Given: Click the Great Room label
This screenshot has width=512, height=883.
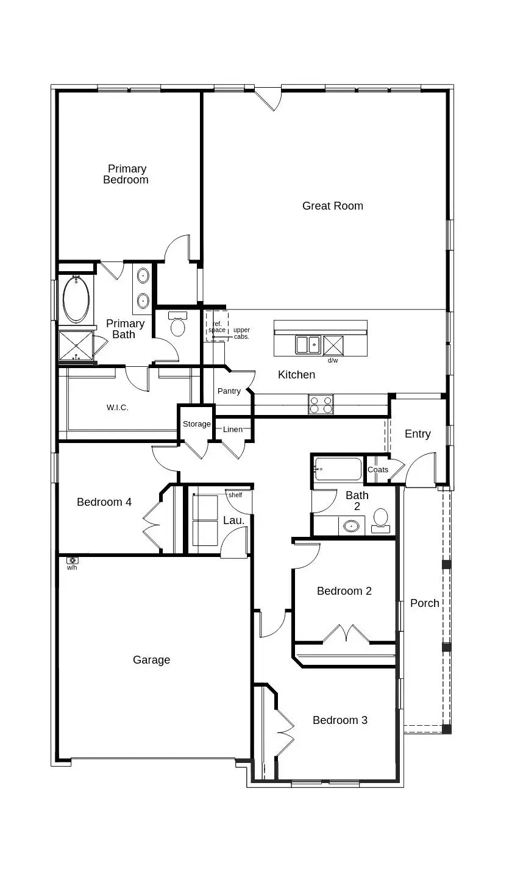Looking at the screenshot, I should pos(332,206).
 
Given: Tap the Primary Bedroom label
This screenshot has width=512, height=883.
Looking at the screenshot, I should pos(126,174).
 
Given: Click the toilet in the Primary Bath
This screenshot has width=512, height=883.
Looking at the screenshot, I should pos(178,325).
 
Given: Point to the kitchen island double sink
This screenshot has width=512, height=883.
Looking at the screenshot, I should pos(308,345).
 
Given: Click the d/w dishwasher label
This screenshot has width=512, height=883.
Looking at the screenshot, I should pos(333,360).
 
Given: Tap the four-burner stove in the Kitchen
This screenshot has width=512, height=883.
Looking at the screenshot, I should pos(321,405).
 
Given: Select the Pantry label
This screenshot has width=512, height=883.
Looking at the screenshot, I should pos(229,391).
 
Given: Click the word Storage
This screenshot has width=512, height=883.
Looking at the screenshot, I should pos(196,424).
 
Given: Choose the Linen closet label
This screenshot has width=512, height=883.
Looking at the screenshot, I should pos(232,430).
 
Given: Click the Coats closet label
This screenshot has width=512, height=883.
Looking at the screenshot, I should pos(378,470).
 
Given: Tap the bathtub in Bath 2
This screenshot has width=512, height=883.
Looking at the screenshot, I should pos(338,470).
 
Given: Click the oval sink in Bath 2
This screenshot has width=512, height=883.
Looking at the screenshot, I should pos(351,526).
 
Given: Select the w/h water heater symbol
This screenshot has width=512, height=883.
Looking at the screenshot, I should pos(72,560).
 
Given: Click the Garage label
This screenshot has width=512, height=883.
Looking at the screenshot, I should pos(151,660).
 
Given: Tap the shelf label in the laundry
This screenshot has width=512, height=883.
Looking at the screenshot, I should pos(235,495).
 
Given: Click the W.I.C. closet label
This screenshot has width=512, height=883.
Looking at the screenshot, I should pos(118,408).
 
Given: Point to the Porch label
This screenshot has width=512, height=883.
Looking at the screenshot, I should pos(424,603).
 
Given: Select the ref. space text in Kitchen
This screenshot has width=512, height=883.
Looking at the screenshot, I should pos(217,327).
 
